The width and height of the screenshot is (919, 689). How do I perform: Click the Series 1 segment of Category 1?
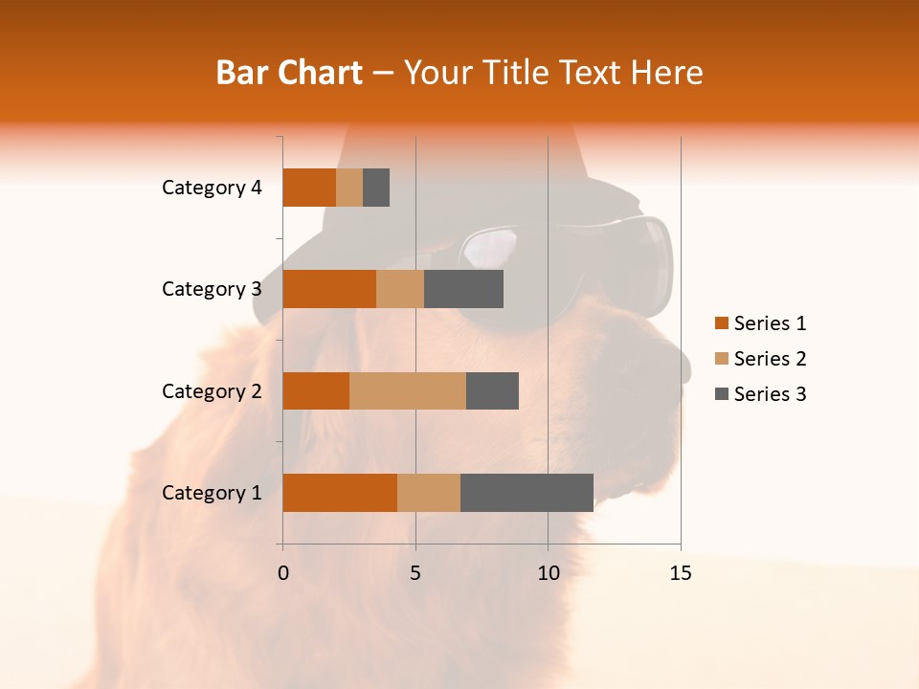(340, 493)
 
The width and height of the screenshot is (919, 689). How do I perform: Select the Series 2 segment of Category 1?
(429, 493)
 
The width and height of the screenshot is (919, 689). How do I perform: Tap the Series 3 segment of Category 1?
(527, 493)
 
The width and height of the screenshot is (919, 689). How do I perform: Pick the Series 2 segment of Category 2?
(408, 390)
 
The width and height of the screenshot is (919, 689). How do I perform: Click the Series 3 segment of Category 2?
(492, 390)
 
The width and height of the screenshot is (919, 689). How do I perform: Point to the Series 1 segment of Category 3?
(329, 289)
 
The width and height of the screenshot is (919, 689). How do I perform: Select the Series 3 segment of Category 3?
(463, 289)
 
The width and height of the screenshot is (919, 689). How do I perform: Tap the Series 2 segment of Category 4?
(349, 188)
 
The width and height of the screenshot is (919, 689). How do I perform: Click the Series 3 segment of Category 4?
(376, 188)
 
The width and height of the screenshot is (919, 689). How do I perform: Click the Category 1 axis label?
(212, 493)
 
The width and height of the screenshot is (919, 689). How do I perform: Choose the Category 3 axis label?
(212, 289)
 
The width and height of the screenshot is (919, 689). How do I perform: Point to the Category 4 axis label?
(212, 188)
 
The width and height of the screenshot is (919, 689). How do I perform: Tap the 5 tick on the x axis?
(415, 573)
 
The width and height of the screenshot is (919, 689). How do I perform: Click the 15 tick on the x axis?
(680, 573)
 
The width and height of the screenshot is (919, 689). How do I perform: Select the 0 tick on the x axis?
(283, 573)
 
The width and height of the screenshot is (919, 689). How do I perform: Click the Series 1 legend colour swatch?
(721, 323)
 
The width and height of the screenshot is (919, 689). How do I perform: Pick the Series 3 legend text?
(770, 394)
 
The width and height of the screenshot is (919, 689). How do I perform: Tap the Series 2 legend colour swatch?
(721, 359)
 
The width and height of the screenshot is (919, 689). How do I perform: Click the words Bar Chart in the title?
(289, 73)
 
